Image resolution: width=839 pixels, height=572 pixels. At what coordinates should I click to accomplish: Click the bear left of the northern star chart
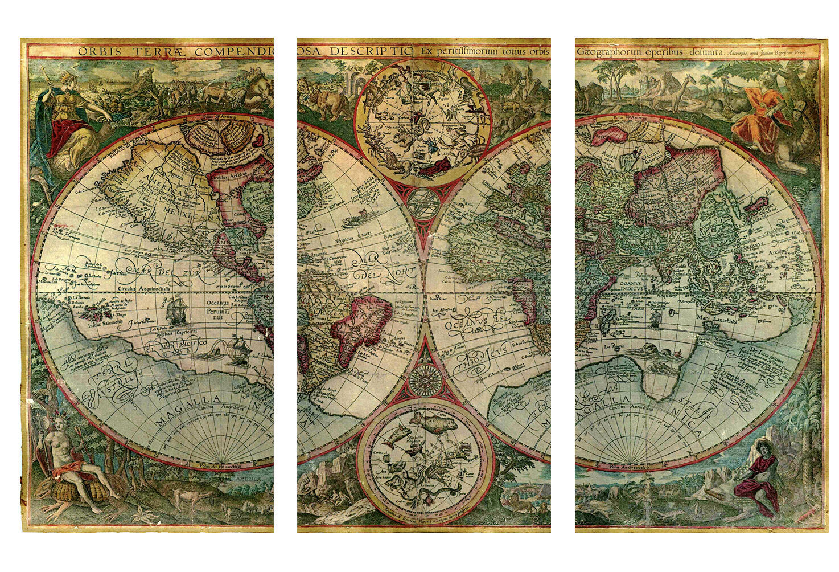331,102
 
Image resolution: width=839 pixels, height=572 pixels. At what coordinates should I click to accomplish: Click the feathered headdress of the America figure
57,420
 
